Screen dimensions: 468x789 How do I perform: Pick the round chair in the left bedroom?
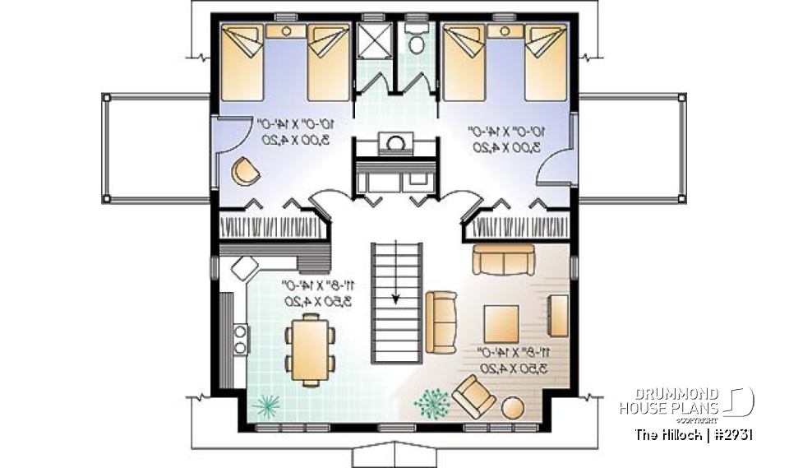(x=244, y=171)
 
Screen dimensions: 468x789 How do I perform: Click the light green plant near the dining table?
(x=265, y=405)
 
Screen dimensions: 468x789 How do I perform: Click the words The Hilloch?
(x=665, y=434)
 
